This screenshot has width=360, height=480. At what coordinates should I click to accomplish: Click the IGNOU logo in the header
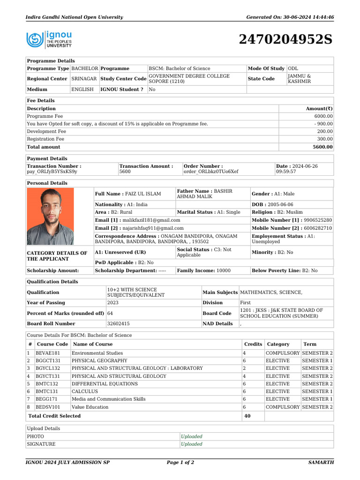(x=49, y=40)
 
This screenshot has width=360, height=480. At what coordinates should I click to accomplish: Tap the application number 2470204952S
(x=285, y=40)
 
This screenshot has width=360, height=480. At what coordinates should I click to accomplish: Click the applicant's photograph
(x=51, y=217)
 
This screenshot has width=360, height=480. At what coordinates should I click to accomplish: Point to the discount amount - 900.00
(x=322, y=124)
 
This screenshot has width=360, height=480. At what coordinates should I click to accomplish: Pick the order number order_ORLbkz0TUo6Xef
(x=211, y=172)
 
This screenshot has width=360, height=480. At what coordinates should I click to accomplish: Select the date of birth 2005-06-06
(x=282, y=205)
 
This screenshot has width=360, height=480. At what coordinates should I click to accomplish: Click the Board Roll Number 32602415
(x=119, y=323)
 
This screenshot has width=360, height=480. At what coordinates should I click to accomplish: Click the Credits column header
(x=253, y=344)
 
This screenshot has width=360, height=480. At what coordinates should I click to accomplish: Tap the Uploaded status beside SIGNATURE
(x=192, y=444)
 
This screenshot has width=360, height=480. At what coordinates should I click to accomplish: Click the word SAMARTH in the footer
(x=321, y=463)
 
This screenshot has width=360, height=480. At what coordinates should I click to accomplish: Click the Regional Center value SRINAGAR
(x=84, y=79)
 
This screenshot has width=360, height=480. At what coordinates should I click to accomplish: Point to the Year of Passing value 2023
(x=113, y=303)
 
